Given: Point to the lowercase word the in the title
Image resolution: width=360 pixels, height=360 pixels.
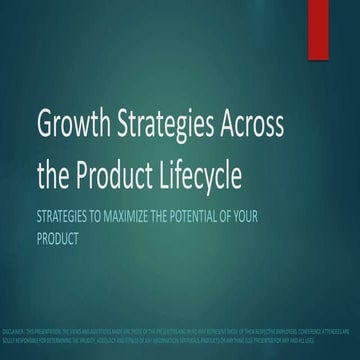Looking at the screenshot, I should (x=54, y=177).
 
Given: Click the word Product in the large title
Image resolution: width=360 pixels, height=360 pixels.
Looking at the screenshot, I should (x=122, y=177).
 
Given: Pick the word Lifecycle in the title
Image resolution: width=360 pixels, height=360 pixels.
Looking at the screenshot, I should (x=220, y=177).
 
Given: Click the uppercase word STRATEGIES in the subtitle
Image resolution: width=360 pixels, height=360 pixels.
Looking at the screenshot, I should (x=67, y=217).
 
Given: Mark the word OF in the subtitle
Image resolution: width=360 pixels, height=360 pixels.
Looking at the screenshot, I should (x=261, y=217).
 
